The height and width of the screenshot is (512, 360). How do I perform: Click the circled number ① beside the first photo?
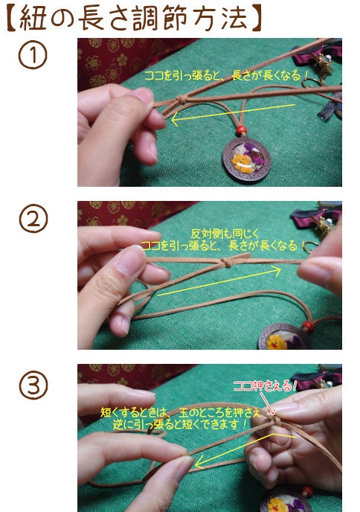coord(33,57)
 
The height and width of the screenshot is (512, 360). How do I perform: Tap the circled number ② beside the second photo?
coord(33,220)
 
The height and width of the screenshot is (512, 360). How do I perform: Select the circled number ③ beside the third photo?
coord(33,386)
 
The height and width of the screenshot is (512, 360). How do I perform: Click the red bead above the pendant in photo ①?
coord(240,131)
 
